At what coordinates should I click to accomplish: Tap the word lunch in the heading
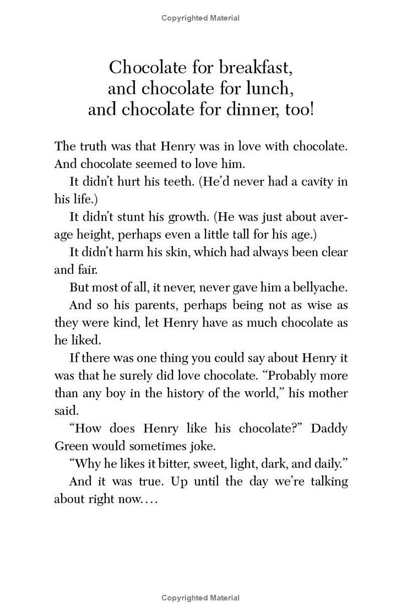coord(266,88)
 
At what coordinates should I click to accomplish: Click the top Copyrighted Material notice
coord(200,18)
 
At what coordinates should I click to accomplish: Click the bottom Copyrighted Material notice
coord(200,597)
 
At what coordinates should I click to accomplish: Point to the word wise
coord(320,305)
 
